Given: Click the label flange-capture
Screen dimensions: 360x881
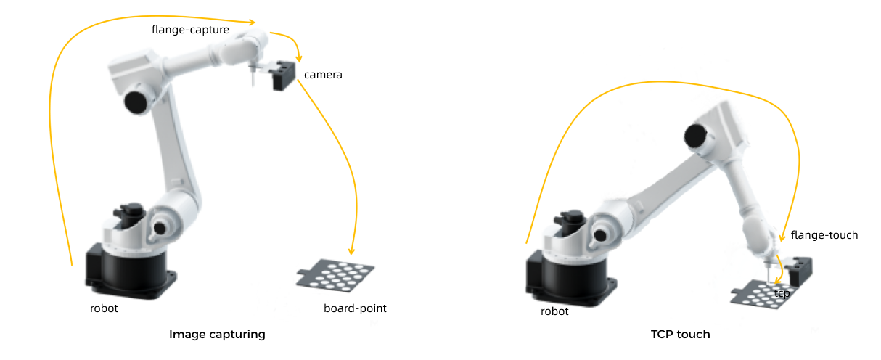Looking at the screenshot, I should (190, 30).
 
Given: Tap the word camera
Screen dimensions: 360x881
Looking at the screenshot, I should (323, 75).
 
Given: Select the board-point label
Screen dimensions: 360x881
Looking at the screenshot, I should (355, 308).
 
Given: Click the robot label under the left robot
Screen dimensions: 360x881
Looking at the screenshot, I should (104, 308).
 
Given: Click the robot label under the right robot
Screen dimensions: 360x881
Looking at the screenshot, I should (554, 311).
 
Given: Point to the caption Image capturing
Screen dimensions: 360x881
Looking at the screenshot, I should (217, 335).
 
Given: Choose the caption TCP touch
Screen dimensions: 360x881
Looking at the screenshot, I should (680, 335).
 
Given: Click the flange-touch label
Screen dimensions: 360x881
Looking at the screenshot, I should (824, 235).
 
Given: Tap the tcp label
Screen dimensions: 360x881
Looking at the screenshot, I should (782, 293).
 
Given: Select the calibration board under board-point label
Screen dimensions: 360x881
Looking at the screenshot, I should (336, 275).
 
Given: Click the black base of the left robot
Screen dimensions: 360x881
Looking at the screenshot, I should (131, 273).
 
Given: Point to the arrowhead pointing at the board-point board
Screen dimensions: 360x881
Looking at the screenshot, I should (351, 249).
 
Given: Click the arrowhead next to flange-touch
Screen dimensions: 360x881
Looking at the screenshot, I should (782, 237).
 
